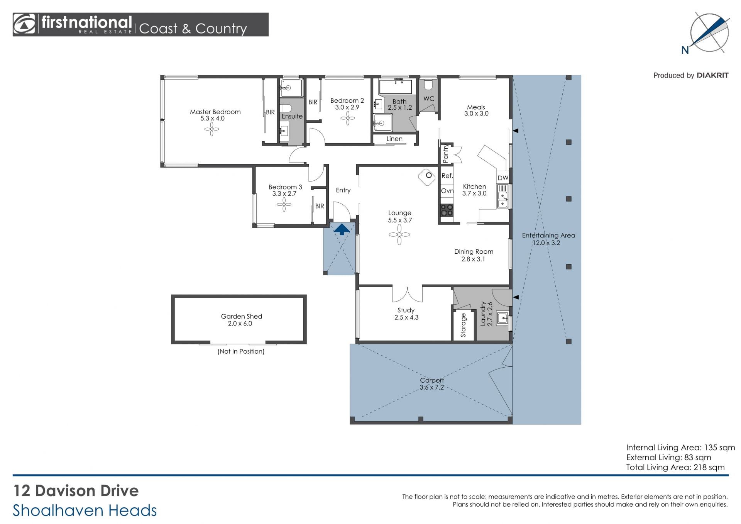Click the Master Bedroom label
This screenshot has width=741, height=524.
215,112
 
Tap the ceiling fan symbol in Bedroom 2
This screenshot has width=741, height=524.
348,118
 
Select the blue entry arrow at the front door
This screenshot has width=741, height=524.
342,229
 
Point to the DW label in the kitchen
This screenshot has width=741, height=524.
503,178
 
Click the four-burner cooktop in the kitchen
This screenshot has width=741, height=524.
447,210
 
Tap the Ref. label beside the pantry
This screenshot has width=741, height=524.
447,176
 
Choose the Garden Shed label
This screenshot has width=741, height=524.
241,316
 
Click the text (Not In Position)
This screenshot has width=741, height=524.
241,351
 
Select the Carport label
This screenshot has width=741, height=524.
432,380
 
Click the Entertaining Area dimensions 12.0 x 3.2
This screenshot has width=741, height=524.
546,243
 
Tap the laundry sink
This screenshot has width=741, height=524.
502,318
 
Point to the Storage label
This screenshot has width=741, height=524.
463,325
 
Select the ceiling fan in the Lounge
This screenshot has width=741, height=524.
399,234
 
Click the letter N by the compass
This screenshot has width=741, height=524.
685,50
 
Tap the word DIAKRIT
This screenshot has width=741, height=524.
712,75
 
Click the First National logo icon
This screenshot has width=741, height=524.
24,24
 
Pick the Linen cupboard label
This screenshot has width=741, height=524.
394,139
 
